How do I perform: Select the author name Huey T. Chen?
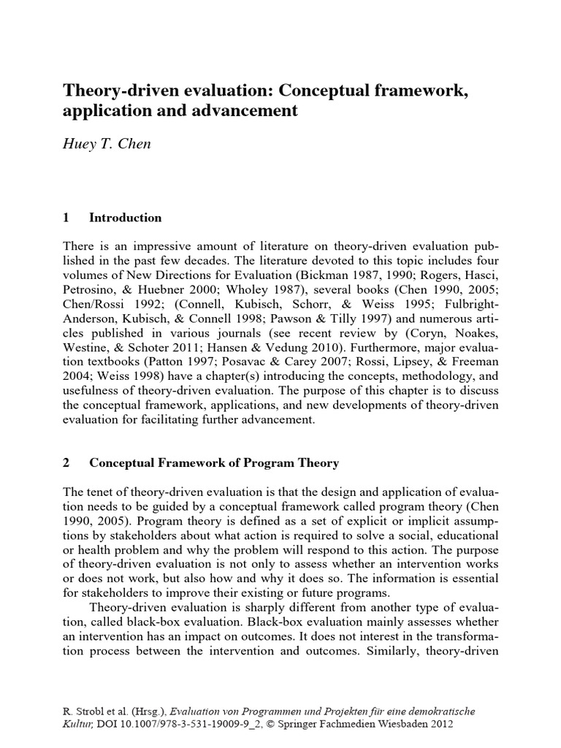pyautogui.click(x=107, y=145)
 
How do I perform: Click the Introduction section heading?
pyautogui.click(x=125, y=217)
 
